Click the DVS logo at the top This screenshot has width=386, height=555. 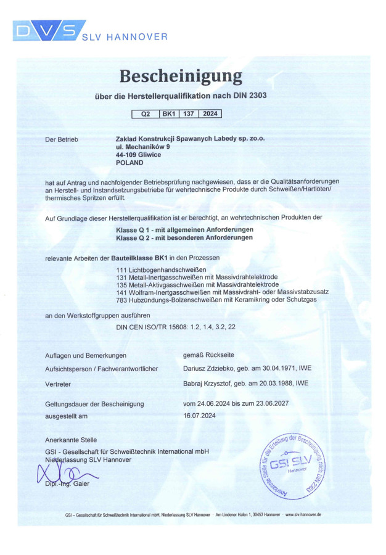[47, 31]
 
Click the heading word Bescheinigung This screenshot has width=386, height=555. [180, 76]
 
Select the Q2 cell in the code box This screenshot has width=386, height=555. [146, 114]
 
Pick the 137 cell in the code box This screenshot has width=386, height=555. [189, 114]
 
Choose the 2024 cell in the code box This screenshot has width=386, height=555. [210, 114]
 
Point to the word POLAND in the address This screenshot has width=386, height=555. [129, 163]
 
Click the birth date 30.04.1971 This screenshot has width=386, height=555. [264, 369]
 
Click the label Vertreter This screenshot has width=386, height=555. [59, 384]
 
